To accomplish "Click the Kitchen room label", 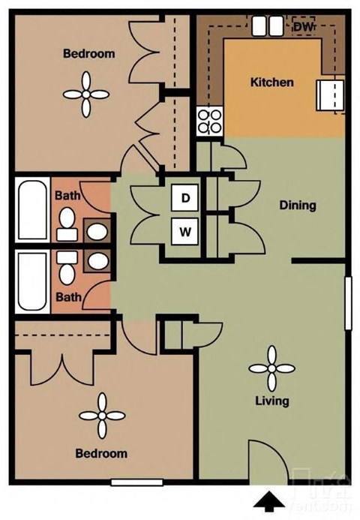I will pos(271,82).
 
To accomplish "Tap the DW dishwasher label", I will pos(302,27).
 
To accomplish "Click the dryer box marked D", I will pos(184,199).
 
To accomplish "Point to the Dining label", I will pos(297,205).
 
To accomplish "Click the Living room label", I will pos(272,401).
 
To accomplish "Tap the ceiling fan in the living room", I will pos(272,368).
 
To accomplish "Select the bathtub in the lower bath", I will pos(32,282).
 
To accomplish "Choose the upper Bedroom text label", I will pos(88,53).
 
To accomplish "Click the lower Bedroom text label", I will pos(100,453).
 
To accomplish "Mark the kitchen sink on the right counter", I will pos(331,95).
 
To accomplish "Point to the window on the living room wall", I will pos(347,302).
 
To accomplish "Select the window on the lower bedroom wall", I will pos(136,482).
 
